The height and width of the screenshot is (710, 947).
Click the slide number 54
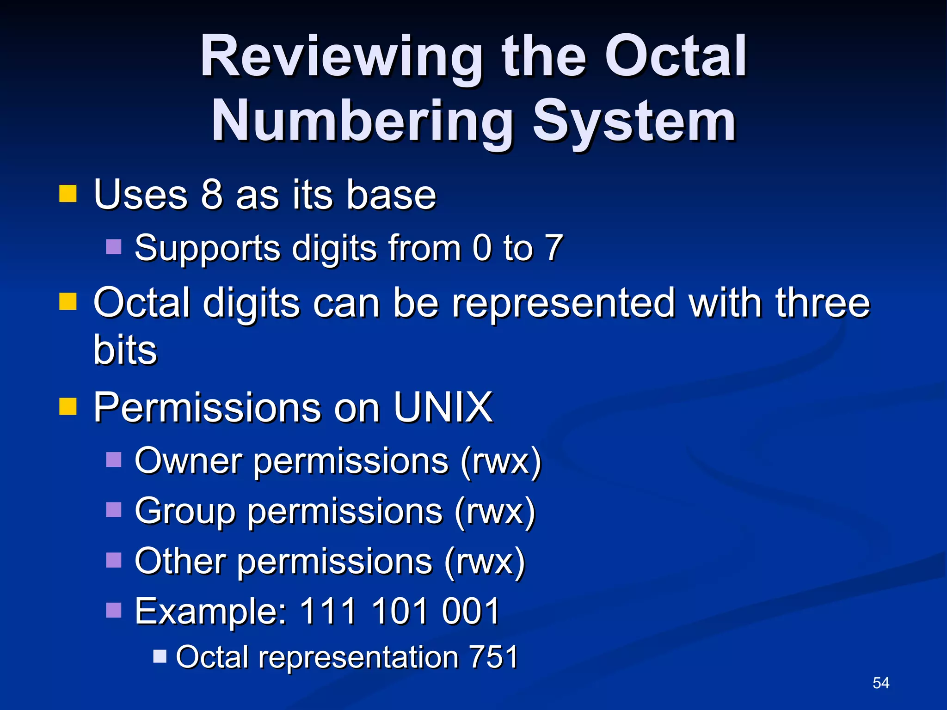coord(880,683)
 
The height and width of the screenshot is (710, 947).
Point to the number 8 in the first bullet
coord(212,195)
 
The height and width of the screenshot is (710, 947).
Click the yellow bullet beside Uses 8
coord(68,194)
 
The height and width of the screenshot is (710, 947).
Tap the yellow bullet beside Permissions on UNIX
coord(68,407)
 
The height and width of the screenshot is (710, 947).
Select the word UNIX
coord(443,407)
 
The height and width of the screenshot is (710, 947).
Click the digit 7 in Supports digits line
coord(554,248)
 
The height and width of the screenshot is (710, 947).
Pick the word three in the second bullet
coord(823,303)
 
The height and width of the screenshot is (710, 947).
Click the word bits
coord(125,350)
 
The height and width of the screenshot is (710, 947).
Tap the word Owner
coord(188,460)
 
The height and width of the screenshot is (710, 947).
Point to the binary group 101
coord(400,611)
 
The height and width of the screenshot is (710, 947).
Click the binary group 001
coord(471,611)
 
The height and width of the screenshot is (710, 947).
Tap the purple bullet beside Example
coord(114,610)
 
